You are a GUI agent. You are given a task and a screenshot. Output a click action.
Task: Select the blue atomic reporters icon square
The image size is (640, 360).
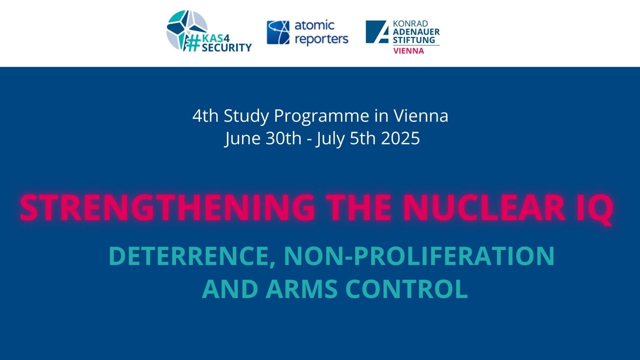click(x=277, y=32)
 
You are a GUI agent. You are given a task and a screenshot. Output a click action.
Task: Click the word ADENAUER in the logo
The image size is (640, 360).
click(x=416, y=32)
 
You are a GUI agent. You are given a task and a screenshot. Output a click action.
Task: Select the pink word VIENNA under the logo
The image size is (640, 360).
click(x=409, y=51)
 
